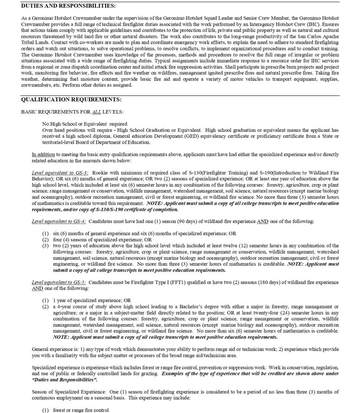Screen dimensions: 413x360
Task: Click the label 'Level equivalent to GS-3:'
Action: coord(60,173)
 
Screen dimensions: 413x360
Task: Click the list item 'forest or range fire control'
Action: coord(81,410)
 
